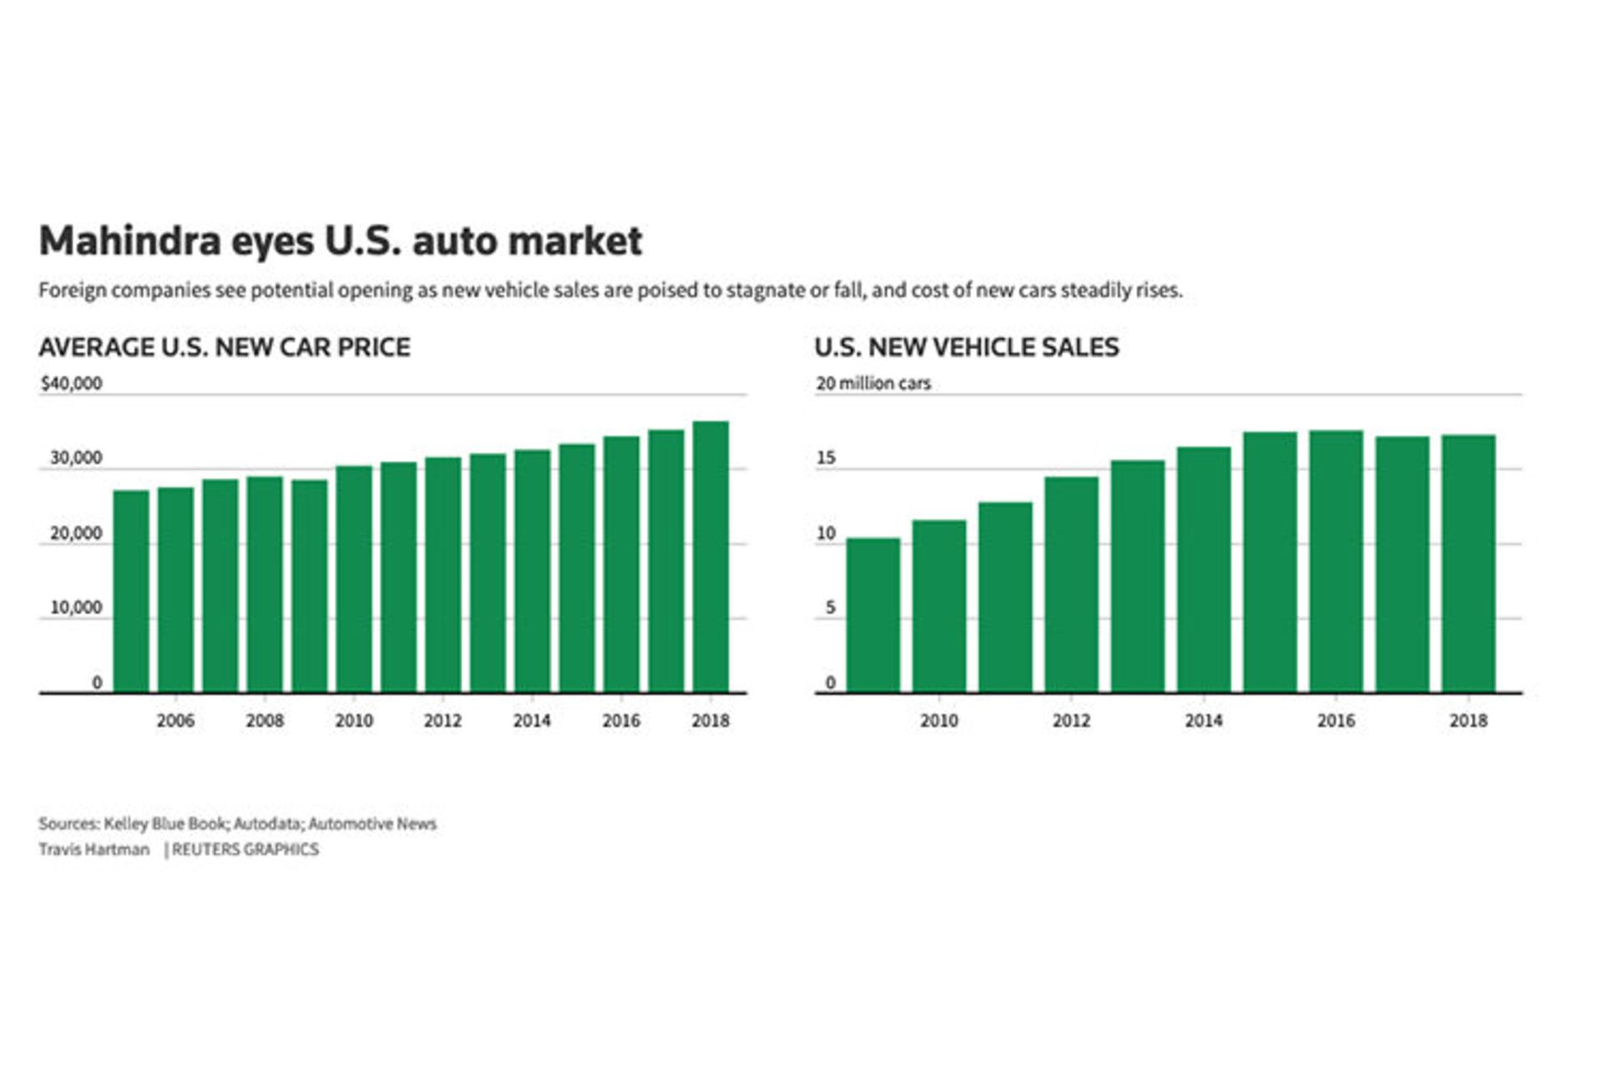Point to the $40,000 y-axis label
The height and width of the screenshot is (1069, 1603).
[71, 383]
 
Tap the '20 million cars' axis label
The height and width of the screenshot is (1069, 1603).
[872, 383]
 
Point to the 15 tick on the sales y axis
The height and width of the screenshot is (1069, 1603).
[826, 458]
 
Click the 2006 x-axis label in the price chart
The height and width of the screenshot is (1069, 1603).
[175, 720]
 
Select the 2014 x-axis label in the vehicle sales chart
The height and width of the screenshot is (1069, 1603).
[1203, 720]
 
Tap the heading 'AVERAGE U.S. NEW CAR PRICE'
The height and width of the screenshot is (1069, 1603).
[225, 347]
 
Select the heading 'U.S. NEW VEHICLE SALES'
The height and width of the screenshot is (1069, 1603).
[967, 347]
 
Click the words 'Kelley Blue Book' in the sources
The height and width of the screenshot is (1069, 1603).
[164, 823]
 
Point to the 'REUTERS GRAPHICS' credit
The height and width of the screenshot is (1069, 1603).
[245, 849]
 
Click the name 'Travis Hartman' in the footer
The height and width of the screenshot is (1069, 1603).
[94, 849]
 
